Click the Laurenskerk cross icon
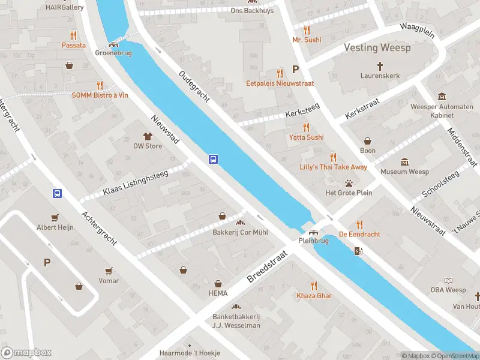[380, 65]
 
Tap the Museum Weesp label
[404, 172]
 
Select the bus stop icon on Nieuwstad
[213, 159]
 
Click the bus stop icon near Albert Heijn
[57, 193]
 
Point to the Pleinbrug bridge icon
[312, 232]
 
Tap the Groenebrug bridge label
[113, 53]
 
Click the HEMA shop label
[218, 293]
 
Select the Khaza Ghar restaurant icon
[314, 286]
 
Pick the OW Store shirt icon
[148, 136]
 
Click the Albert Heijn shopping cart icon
[56, 217]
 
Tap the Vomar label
[109, 281]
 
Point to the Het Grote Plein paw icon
[348, 183]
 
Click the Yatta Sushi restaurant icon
[306, 127]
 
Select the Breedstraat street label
[268, 267]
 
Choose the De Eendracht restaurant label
[359, 234]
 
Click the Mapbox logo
[26, 353]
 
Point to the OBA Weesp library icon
[448, 280]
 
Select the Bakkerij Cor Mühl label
[241, 232]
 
